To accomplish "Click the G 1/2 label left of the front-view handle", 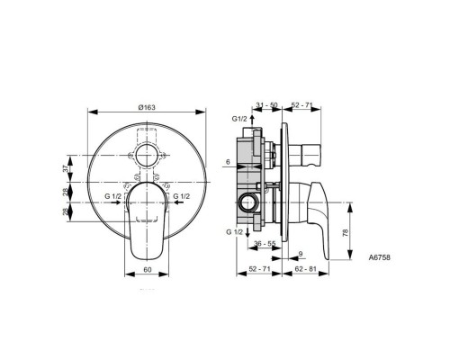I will click(112, 195).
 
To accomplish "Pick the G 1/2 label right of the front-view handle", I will click(180, 195).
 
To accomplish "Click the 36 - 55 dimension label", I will click(264, 244).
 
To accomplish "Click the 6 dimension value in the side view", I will click(229, 161).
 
